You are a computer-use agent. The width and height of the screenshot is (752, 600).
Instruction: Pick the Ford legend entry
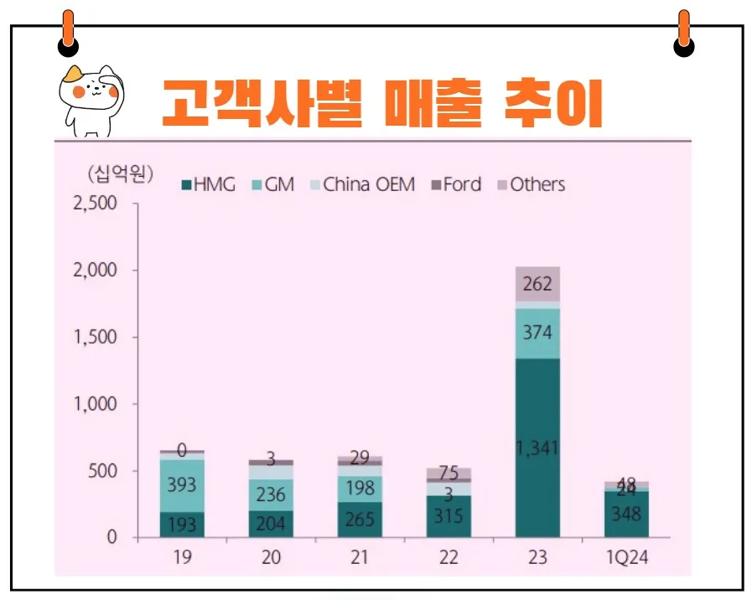pos(456,184)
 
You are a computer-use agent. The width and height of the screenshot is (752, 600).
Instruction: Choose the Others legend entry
pos(532,184)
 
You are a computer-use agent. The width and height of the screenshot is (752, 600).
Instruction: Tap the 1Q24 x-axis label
pos(626,557)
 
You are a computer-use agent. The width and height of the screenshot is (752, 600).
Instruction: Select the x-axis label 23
pos(537,557)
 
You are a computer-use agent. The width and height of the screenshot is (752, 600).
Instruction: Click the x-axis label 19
pos(182,557)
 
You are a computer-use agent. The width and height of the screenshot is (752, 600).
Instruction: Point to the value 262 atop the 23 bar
pos(537,284)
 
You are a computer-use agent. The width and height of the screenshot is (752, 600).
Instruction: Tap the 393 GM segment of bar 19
pos(182,485)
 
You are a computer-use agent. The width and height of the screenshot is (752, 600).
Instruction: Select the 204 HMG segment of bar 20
pos(271,524)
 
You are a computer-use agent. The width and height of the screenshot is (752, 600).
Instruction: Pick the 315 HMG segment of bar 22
pos(449,516)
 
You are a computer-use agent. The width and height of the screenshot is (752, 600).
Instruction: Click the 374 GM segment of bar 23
pos(537,333)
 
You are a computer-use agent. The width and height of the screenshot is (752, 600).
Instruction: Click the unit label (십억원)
pos(120,174)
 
